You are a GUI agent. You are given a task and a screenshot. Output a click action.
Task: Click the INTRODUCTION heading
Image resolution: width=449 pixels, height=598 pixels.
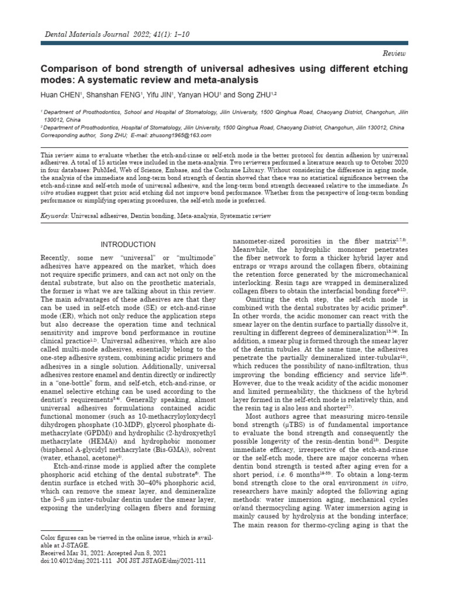tap(128, 245)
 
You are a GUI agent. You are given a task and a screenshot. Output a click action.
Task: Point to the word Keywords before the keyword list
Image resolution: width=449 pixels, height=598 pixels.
tap(54, 216)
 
